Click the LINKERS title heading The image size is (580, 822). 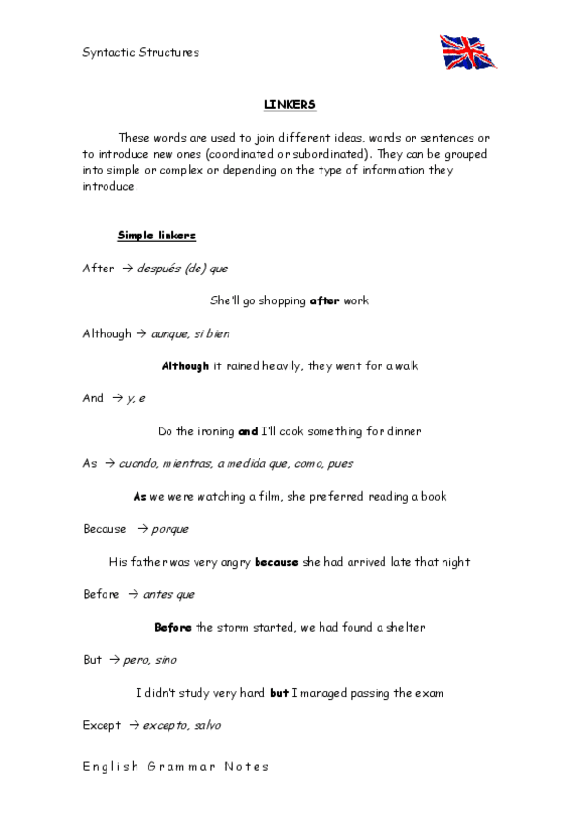(x=290, y=105)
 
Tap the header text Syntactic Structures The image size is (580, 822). (x=140, y=52)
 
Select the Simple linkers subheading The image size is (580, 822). (x=156, y=236)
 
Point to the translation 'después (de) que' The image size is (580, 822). (x=183, y=269)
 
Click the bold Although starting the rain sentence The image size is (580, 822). (x=185, y=366)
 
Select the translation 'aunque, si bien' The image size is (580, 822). (x=190, y=333)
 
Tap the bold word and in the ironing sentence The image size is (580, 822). (x=248, y=431)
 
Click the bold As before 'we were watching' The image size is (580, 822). (x=139, y=497)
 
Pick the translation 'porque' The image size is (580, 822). (x=169, y=529)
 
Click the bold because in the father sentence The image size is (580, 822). (x=276, y=562)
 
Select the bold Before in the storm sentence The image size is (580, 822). (x=172, y=627)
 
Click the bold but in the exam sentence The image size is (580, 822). (x=279, y=693)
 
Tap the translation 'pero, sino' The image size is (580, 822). (x=150, y=660)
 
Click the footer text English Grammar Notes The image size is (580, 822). (x=175, y=766)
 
